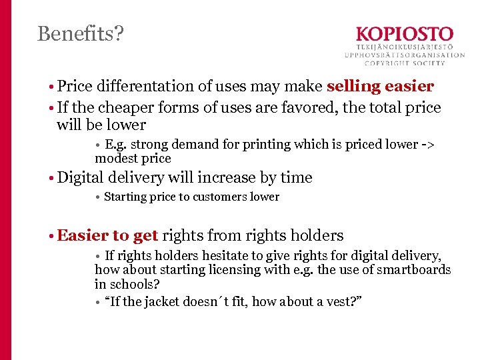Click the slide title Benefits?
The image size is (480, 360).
pos(80,33)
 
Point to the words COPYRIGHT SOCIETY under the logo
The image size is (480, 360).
pos(404,63)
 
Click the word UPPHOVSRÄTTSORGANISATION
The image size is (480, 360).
pos(404,55)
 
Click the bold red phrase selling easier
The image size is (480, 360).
pos(380,86)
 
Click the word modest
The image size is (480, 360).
pos(115,159)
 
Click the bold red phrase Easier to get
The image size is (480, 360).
pos(107,235)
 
